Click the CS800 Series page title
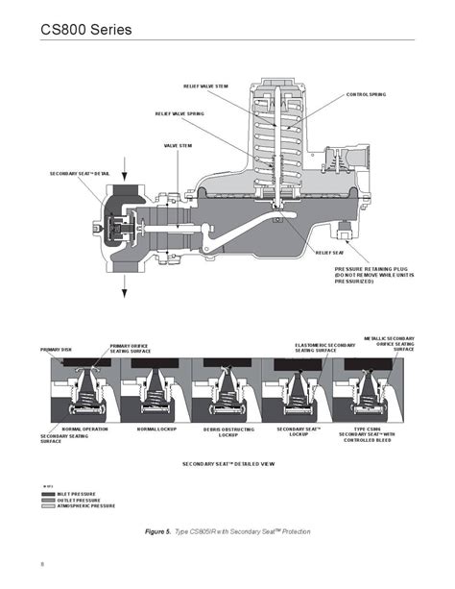pyautogui.click(x=85, y=30)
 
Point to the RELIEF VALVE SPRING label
pyautogui.click(x=180, y=113)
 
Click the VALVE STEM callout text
pyautogui.click(x=179, y=145)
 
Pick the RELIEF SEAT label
pyautogui.click(x=329, y=253)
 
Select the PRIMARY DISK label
pyautogui.click(x=57, y=350)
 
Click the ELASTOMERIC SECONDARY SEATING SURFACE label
pyautogui.click(x=319, y=348)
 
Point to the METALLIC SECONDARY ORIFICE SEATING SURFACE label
pyautogui.click(x=390, y=343)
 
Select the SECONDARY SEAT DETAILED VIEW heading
pyautogui.click(x=228, y=463)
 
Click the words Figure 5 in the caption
pyautogui.click(x=156, y=531)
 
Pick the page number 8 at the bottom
pyautogui.click(x=42, y=562)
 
